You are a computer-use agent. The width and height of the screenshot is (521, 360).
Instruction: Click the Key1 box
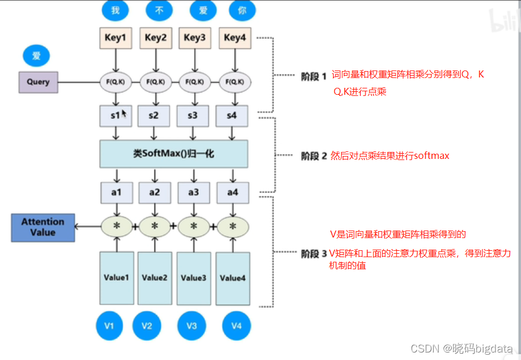point(114,38)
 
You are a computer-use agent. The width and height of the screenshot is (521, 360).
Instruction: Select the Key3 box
point(194,38)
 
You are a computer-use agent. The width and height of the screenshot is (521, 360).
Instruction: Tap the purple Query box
point(38,81)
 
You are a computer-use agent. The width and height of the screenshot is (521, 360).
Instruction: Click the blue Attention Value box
point(43,227)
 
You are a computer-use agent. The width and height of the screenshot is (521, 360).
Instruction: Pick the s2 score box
point(153,116)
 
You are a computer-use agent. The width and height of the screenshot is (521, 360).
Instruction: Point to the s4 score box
point(232,116)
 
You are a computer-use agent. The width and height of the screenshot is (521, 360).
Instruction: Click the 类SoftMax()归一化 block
point(173,154)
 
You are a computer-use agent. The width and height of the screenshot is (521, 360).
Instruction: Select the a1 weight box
point(116,192)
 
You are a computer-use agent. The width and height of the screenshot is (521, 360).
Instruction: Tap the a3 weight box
point(193,192)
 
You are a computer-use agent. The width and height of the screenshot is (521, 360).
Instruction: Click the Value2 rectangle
point(154,278)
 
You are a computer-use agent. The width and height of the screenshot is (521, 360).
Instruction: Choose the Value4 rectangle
point(233,279)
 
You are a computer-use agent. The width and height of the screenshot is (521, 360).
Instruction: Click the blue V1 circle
point(109,326)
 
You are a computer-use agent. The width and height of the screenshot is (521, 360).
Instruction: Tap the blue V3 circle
point(192,326)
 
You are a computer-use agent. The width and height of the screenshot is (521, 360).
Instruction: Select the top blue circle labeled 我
point(115,10)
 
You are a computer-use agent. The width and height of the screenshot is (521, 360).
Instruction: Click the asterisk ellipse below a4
point(233,226)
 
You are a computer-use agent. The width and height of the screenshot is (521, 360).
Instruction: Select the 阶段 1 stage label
point(314,76)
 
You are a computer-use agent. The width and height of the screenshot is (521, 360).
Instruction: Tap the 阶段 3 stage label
point(314,253)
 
